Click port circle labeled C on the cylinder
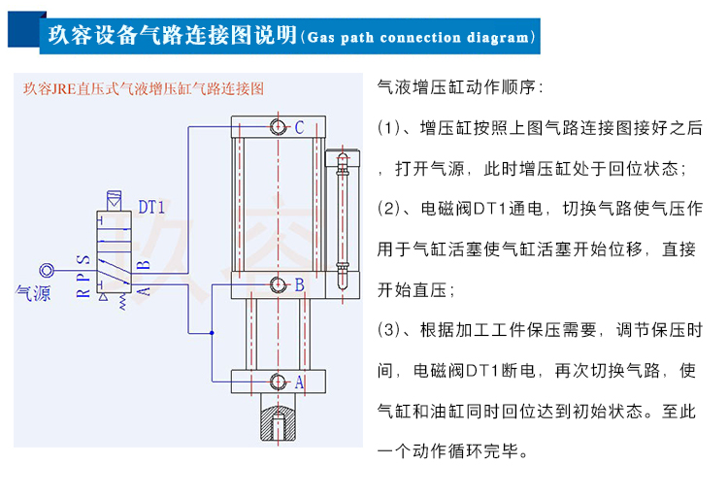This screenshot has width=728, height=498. point(280,127)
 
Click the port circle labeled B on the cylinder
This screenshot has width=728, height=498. point(280,284)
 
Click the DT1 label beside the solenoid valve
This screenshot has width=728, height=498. point(151,207)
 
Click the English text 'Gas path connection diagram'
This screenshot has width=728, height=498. point(418,38)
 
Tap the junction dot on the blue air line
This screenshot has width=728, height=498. point(212,333)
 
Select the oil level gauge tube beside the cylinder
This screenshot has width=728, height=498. point(340,218)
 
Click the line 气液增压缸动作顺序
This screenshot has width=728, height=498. point(460,87)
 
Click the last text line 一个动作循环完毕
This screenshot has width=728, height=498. point(453,451)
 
